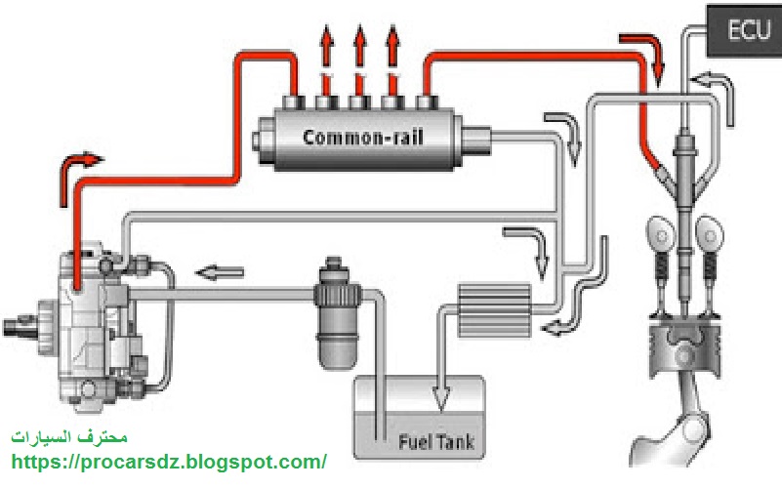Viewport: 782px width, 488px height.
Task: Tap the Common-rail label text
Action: pos(363,137)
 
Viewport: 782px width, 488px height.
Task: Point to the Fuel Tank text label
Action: pos(434,442)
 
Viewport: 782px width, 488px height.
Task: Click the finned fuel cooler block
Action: pos(493,308)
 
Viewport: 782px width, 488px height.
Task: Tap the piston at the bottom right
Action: pos(685,348)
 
